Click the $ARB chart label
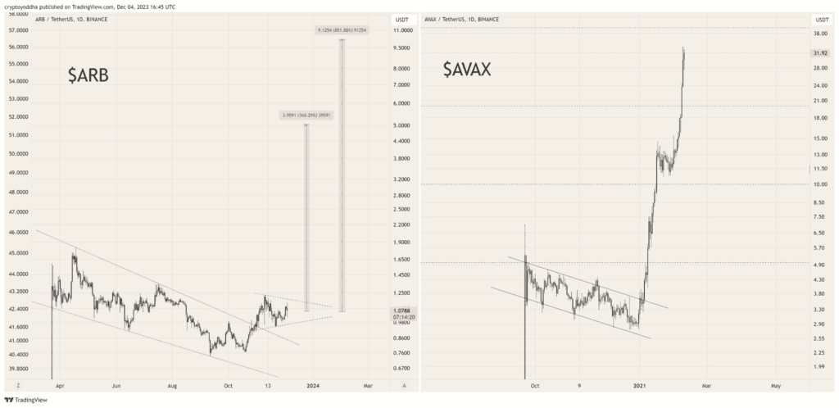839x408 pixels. [88, 76]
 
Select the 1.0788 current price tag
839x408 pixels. [404, 311]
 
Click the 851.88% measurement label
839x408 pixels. [342, 31]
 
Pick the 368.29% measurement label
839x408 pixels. [306, 116]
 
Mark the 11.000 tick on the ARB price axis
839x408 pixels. [401, 30]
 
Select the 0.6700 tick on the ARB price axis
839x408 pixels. [401, 368]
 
